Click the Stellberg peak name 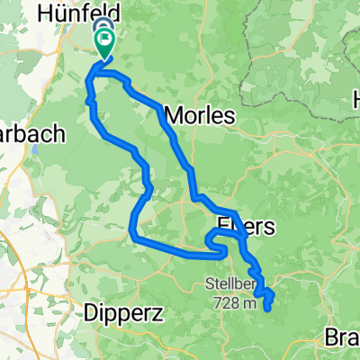233,287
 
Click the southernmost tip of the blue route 267,310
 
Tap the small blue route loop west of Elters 215,240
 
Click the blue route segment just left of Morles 163,113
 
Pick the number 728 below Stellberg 228,304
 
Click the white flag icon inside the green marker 107,39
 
